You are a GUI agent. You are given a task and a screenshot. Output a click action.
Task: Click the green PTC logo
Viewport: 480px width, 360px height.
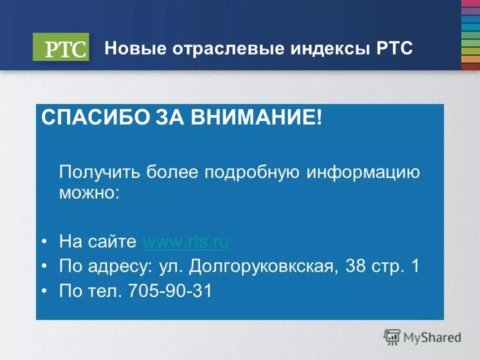[61, 47]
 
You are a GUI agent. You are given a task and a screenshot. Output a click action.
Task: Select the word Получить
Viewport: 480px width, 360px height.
[99, 173]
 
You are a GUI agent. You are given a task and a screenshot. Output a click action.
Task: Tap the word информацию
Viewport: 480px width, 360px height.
[363, 173]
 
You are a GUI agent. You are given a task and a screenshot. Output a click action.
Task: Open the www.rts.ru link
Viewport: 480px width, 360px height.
[185, 242]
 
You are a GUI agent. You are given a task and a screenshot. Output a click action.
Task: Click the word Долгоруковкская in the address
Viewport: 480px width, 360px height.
[261, 266]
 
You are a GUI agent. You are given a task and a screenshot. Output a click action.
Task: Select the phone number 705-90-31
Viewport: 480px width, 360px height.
[170, 290]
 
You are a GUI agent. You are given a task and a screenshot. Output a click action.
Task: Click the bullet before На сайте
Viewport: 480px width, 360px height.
[45, 242]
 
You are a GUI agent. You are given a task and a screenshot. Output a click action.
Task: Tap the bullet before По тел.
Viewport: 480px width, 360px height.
[45, 290]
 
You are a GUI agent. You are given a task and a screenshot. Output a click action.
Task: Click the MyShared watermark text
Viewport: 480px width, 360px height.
[432, 337]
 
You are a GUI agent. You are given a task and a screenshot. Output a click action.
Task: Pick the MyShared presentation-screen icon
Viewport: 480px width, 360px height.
[392, 337]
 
